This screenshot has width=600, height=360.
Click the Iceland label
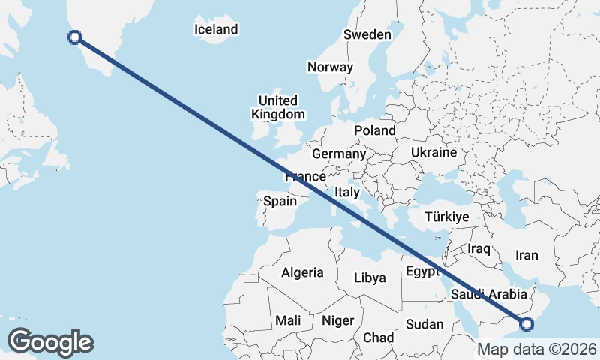point(215,30)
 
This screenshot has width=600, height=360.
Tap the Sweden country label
point(367,34)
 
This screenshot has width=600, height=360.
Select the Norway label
point(330,67)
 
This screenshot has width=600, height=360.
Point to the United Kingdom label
point(278,107)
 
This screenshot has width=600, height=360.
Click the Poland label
point(375,130)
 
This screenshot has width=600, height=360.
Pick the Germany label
point(338,154)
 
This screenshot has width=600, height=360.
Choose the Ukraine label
point(433,152)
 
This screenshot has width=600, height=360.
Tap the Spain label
point(280,202)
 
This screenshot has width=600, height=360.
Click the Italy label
point(347,192)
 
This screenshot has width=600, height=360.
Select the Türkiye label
point(446,217)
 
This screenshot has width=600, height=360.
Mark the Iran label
point(526,255)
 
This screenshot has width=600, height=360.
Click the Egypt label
point(422,271)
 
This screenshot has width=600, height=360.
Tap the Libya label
point(370,277)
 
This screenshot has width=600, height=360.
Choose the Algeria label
point(302,273)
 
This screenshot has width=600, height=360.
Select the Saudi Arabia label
point(489,295)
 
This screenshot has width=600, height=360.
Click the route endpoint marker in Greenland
point(75,37)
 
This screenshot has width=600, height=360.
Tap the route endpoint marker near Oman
point(526,324)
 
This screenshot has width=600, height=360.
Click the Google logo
point(50,342)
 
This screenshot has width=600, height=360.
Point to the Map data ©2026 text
point(537,349)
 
